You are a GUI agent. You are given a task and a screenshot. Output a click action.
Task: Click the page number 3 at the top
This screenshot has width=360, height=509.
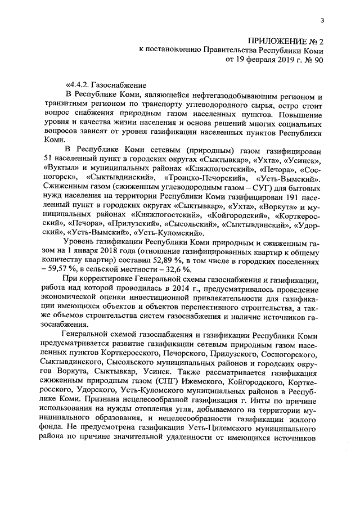coord(322,21)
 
